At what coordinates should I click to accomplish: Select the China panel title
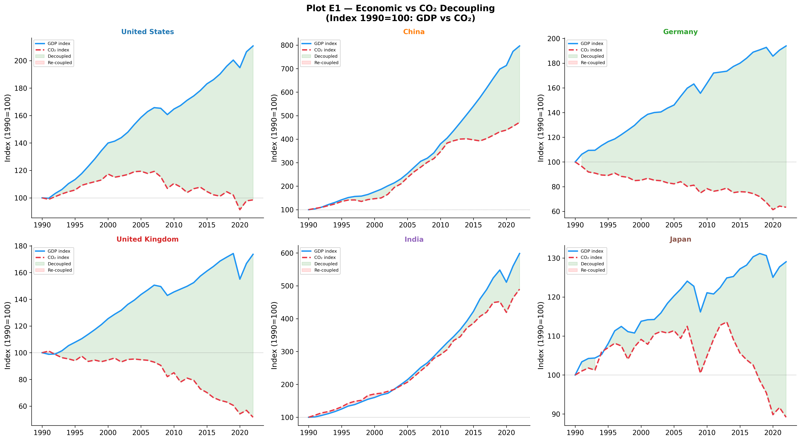[414, 32]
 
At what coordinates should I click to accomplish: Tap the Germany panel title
[680, 32]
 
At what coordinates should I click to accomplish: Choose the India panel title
[414, 239]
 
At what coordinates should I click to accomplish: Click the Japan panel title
[680, 239]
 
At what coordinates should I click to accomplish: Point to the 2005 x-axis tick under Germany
[674, 225]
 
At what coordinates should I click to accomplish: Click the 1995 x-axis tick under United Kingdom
[75, 433]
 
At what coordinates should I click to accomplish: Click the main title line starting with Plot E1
[400, 8]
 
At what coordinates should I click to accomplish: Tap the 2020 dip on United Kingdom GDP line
[240, 279]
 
